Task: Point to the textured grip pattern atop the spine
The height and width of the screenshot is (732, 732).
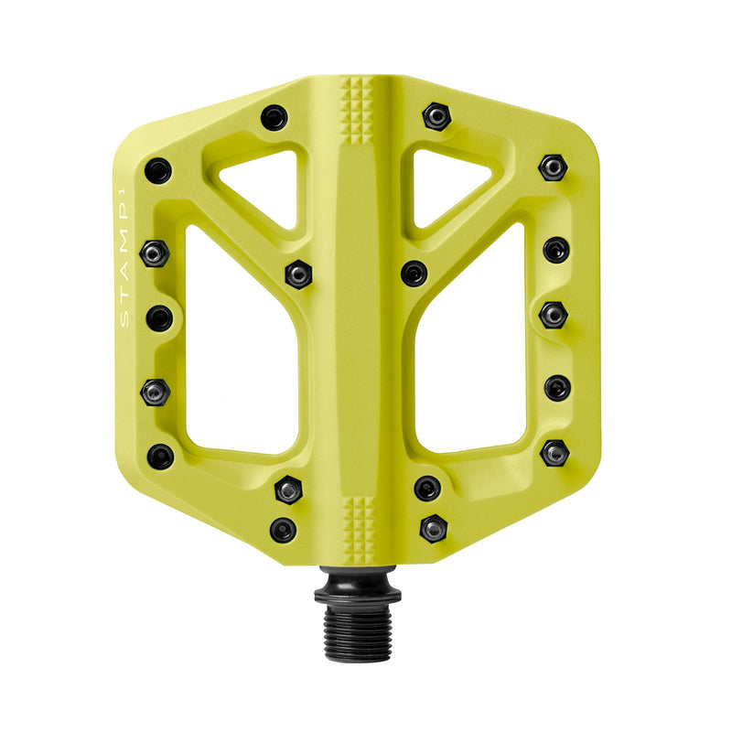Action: pyautogui.click(x=359, y=110)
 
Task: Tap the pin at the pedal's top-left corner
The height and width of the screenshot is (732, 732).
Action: pyautogui.click(x=158, y=170)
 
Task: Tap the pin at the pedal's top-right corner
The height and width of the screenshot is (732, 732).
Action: pyautogui.click(x=553, y=167)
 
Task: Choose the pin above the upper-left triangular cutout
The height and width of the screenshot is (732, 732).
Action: pyautogui.click(x=274, y=117)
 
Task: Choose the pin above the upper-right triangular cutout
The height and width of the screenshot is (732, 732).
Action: pyautogui.click(x=436, y=116)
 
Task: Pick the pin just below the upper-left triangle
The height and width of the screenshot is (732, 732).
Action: pyautogui.click(x=298, y=273)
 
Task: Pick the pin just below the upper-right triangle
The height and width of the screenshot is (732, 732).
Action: pyautogui.click(x=414, y=273)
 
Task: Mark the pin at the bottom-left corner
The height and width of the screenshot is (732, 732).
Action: pyautogui.click(x=161, y=456)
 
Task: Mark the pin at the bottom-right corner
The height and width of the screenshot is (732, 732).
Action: pyautogui.click(x=554, y=452)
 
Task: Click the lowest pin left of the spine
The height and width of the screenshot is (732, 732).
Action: pyautogui.click(x=283, y=529)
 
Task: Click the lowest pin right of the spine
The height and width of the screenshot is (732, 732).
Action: pyautogui.click(x=433, y=527)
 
